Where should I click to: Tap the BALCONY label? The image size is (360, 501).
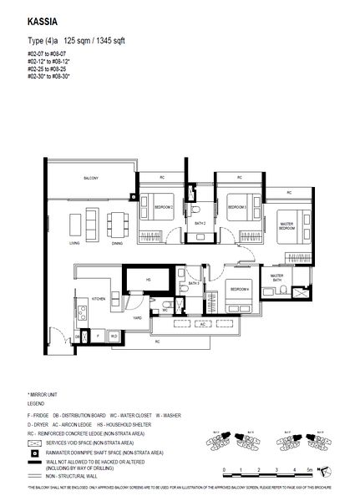point(91,179)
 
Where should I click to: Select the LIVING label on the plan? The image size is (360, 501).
point(75,243)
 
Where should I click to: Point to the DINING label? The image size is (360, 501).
point(117,243)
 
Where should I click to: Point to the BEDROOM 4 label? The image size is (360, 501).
point(240,290)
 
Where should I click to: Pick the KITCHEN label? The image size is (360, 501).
point(98,298)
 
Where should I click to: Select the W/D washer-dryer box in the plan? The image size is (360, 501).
point(114,337)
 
